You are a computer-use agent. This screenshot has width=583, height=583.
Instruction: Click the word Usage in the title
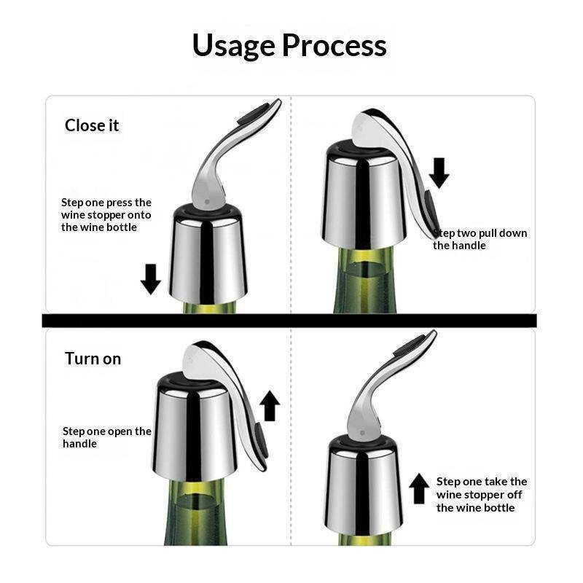click(233, 46)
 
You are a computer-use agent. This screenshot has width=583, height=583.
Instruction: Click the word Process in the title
click(334, 45)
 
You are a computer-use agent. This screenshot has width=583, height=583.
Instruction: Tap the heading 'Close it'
click(92, 125)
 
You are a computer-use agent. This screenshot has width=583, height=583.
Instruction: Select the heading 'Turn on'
click(93, 359)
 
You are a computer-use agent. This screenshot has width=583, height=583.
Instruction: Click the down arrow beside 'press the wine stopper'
click(151, 279)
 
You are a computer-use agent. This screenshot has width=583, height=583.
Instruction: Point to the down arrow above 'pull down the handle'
click(439, 173)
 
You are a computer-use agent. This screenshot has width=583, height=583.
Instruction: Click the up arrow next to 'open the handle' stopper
click(270, 406)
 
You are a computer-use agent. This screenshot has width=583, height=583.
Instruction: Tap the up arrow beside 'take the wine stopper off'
click(419, 488)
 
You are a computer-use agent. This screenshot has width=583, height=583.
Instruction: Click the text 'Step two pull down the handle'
click(480, 239)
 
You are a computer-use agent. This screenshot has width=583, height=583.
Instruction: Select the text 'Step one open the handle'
click(107, 437)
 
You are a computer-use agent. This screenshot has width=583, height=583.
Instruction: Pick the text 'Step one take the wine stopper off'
click(482, 495)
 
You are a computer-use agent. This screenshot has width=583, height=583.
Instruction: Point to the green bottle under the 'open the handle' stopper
click(196, 512)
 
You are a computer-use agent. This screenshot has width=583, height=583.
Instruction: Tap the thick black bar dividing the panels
click(289, 321)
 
